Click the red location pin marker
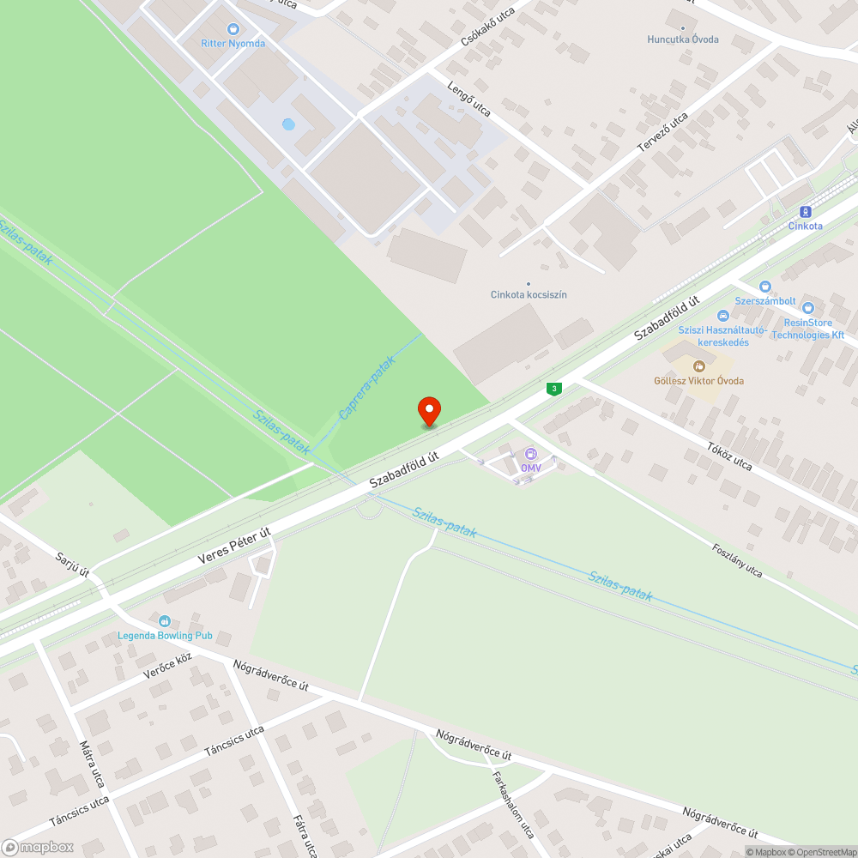(x=428, y=410)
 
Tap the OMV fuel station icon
(x=531, y=454)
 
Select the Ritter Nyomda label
(x=233, y=43)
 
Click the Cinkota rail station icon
(x=805, y=211)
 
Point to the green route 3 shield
(x=555, y=389)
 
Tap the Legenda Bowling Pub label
(x=165, y=636)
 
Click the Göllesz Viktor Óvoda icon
(x=698, y=366)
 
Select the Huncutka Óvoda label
(x=683, y=39)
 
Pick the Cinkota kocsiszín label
(x=529, y=294)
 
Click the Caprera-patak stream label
(x=366, y=389)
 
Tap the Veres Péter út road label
(x=234, y=546)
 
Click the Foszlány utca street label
(x=736, y=559)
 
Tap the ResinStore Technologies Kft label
(x=807, y=329)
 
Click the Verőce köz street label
(x=167, y=666)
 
